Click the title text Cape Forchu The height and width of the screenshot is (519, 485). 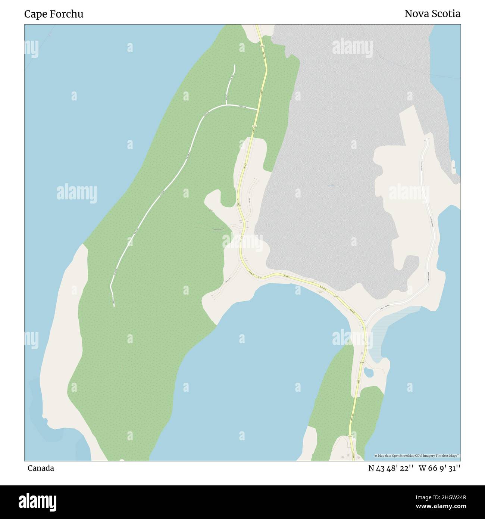(54, 14)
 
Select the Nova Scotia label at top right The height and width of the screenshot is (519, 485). (432, 14)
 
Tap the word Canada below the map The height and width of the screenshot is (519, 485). (41, 468)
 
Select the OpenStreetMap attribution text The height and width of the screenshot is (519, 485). (417, 456)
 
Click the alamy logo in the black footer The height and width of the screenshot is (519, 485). (37, 501)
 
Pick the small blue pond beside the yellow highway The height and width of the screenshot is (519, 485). (368, 372)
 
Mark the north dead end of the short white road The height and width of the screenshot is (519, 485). (234, 66)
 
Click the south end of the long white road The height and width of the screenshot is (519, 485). (114, 306)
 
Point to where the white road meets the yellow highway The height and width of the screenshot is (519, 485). (257, 110)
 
